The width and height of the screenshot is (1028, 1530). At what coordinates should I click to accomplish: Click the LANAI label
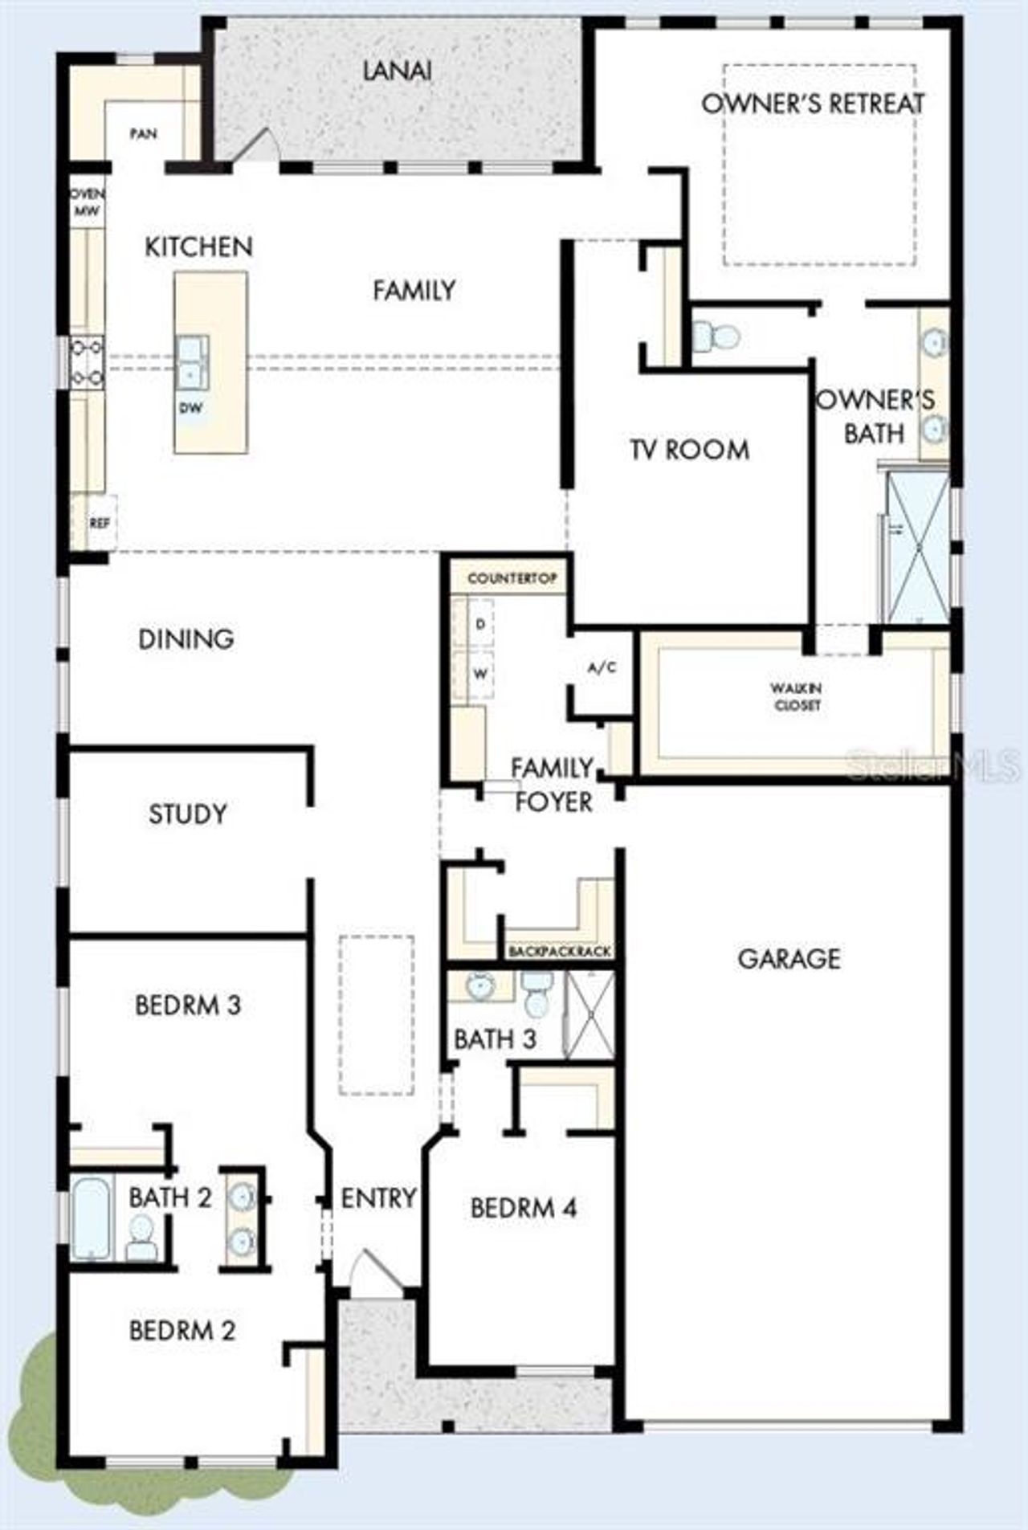pos(397,71)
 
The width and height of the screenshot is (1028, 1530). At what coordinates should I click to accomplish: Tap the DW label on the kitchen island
pos(190,408)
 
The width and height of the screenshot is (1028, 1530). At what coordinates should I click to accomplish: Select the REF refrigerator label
pos(100,524)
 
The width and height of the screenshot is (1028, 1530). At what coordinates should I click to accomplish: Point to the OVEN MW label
pos(87,202)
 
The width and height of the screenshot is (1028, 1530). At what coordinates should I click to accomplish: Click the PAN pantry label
pos(144,134)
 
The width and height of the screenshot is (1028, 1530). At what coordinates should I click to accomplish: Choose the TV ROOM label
pos(689,450)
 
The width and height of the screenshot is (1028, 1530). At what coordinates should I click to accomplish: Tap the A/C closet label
pos(602,667)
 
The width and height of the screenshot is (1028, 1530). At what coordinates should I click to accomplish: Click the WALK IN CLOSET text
pos(796,696)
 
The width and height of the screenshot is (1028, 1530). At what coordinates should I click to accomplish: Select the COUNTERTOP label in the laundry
pos(512,578)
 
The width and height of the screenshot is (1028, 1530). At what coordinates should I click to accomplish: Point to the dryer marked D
pos(480,624)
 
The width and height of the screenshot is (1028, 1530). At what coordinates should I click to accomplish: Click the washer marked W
pos(480,674)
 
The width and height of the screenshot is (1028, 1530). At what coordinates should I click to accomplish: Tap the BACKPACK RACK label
pos(559,952)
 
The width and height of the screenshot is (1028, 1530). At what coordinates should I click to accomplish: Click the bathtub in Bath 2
pos(90,1218)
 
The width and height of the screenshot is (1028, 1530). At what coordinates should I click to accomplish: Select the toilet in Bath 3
pos(536,996)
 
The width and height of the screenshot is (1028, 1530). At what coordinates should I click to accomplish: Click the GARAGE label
pos(789,958)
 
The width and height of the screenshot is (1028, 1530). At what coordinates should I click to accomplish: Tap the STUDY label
pos(187,814)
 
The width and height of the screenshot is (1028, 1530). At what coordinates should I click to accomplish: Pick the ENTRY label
pos(378,1197)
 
